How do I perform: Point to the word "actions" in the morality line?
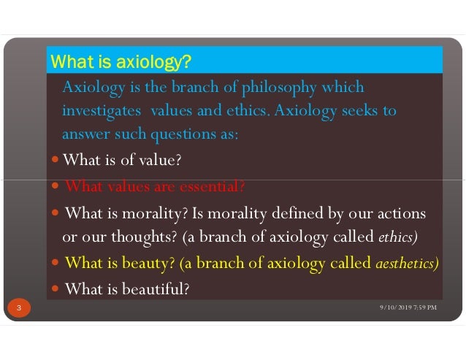401,213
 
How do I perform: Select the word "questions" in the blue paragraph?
180,134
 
